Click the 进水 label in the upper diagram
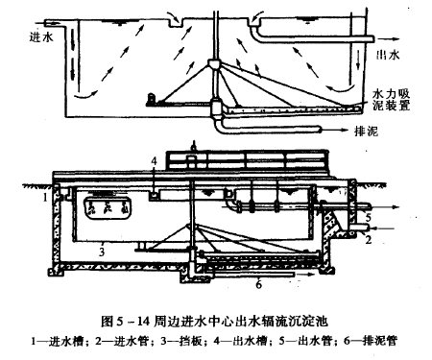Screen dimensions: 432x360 (41, 37)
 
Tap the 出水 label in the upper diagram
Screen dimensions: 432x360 (388, 55)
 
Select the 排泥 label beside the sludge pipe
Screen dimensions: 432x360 (366, 131)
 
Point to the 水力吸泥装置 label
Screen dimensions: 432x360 (391, 100)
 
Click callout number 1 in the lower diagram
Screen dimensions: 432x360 (45, 198)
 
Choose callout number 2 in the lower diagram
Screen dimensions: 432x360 (369, 239)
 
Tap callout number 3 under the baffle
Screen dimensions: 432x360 (102, 252)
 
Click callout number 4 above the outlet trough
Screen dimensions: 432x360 (155, 161)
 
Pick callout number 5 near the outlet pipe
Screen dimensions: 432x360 (368, 218)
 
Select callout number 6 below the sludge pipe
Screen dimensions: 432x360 (259, 284)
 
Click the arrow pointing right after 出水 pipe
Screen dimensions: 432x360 (389, 39)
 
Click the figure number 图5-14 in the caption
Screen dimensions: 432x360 (126, 321)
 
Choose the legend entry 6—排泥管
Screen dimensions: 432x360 (371, 341)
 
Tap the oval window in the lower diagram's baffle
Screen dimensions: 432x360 (108, 208)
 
